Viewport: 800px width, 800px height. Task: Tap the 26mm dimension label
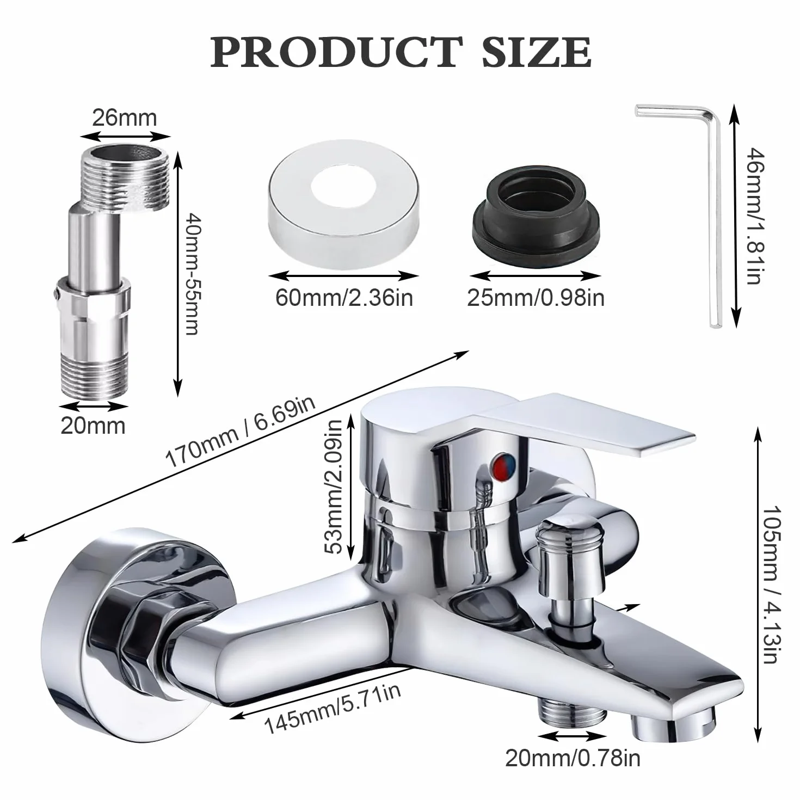[125, 118]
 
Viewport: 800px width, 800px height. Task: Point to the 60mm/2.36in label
[344, 298]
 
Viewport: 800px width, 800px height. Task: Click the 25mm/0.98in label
[536, 298]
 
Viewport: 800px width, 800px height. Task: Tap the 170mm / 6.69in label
[241, 432]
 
